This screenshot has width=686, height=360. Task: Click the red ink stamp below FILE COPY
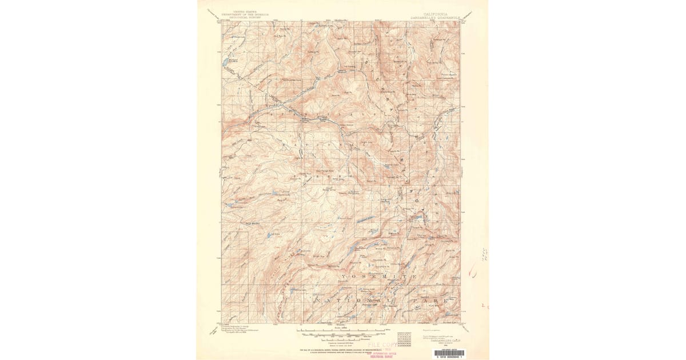[x=388, y=353]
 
